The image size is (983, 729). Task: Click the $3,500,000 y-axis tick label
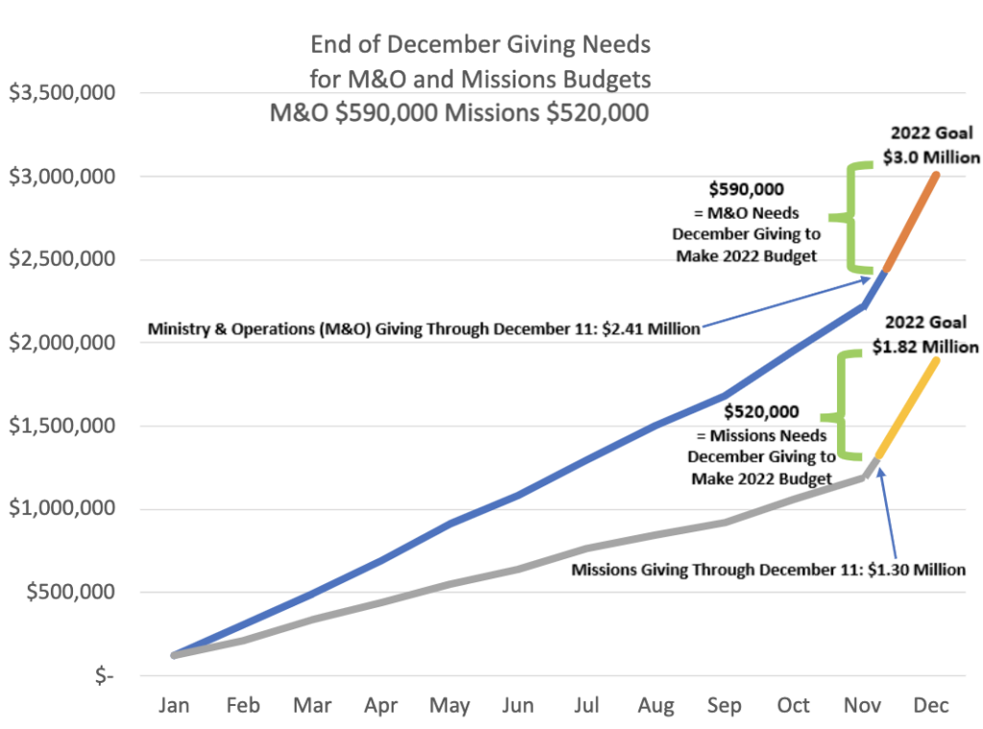pyautogui.click(x=62, y=94)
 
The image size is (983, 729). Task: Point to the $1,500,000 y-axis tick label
pyautogui.click(x=62, y=426)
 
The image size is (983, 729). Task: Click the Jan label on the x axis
pyautogui.click(x=174, y=706)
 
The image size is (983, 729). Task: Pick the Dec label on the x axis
pyautogui.click(x=931, y=706)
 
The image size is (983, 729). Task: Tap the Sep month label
pyautogui.click(x=725, y=706)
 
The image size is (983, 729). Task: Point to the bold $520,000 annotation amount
pyautogui.click(x=761, y=412)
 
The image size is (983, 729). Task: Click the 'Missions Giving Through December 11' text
pyautogui.click(x=768, y=570)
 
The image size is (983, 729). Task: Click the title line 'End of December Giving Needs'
pyautogui.click(x=480, y=45)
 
